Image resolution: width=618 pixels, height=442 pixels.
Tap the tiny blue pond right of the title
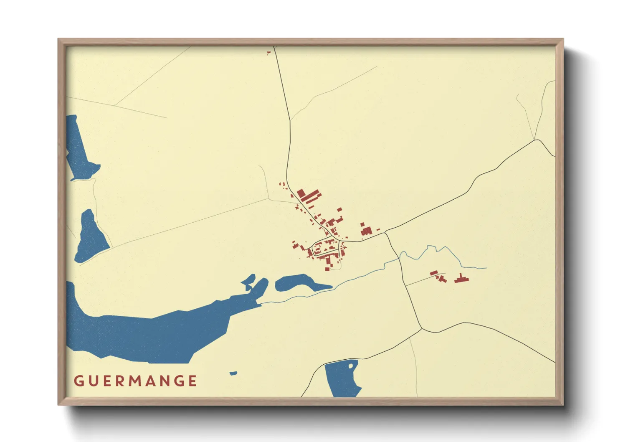click(x=233, y=373)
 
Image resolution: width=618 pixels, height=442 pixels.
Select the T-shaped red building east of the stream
click(x=461, y=278)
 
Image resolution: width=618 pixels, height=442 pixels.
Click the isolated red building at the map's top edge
click(x=268, y=53)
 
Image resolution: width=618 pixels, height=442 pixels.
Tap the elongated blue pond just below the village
click(x=297, y=283)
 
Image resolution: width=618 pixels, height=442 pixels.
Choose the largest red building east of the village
click(x=366, y=230)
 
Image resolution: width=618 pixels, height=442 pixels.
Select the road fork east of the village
click(x=385, y=232)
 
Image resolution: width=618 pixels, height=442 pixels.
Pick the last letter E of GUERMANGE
click(x=192, y=381)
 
